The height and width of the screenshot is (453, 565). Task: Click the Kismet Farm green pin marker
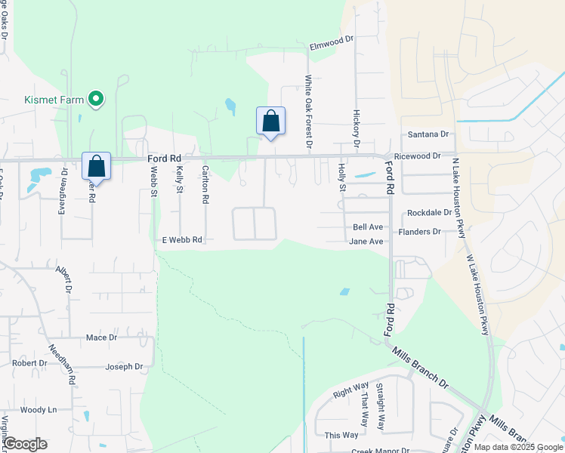pyautogui.click(x=96, y=99)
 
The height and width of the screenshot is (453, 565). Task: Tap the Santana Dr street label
pyautogui.click(x=428, y=134)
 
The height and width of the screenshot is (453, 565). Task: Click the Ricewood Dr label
pyautogui.click(x=422, y=156)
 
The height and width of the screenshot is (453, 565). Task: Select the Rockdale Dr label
pyautogui.click(x=429, y=214)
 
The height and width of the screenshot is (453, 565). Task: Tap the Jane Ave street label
pyautogui.click(x=366, y=242)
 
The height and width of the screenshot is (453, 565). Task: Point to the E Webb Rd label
pyautogui.click(x=182, y=240)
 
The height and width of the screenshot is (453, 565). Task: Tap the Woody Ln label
pyautogui.click(x=39, y=410)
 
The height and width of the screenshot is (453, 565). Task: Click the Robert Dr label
pyautogui.click(x=29, y=363)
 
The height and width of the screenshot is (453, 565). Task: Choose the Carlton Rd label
pyautogui.click(x=205, y=186)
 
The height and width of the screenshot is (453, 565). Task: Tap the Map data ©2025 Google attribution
pyautogui.click(x=518, y=447)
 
